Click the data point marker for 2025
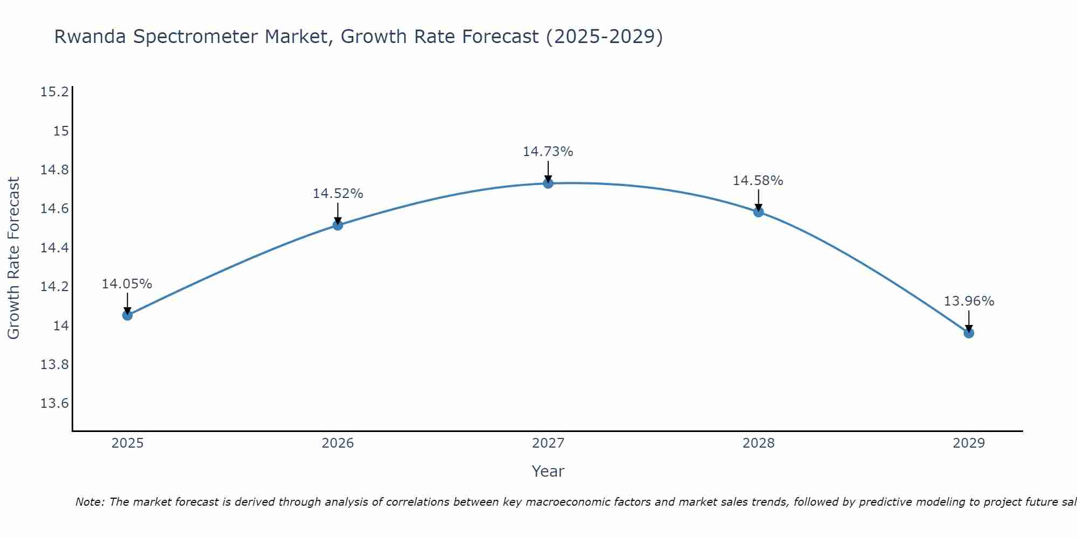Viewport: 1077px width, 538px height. click(128, 315)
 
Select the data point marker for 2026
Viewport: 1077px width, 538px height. click(338, 225)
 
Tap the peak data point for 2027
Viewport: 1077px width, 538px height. click(548, 183)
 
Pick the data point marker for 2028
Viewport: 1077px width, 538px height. click(758, 212)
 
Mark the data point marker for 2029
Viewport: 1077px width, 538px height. click(969, 333)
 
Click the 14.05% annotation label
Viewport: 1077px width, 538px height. click(127, 284)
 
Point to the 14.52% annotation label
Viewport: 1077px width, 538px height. click(338, 194)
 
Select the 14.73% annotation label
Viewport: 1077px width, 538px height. click(548, 152)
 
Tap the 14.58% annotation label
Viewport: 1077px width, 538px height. click(758, 181)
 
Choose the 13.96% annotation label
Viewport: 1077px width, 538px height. click(969, 301)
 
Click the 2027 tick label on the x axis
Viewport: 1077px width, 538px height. click(548, 443)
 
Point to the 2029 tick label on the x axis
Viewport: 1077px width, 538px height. click(969, 443)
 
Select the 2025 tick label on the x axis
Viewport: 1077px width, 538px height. click(128, 443)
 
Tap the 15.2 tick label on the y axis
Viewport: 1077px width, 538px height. click(55, 92)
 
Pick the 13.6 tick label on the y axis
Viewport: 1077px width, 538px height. click(55, 403)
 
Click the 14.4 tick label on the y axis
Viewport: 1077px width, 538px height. click(55, 248)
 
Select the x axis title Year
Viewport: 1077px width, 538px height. click(548, 471)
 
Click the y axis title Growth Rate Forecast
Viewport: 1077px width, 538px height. click(14, 258)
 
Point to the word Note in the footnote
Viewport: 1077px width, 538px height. click(89, 502)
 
